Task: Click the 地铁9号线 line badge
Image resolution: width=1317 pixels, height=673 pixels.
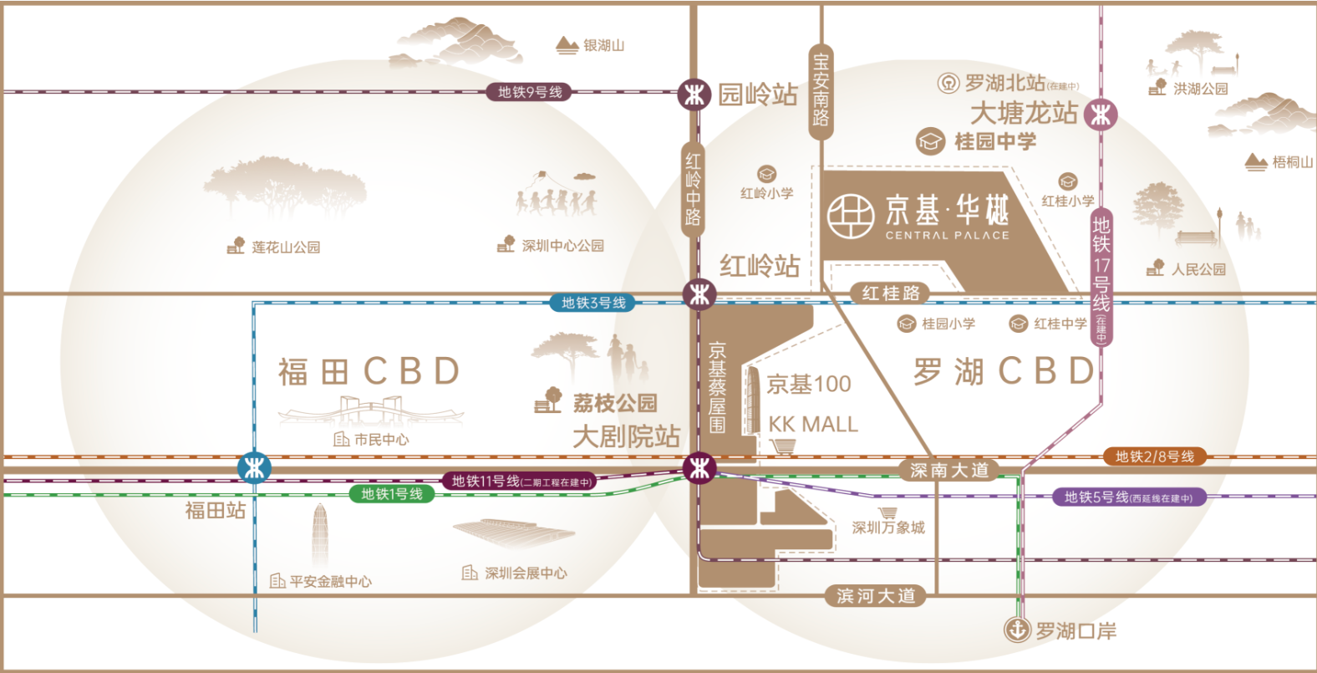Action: point(529,92)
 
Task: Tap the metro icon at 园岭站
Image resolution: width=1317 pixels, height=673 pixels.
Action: point(694,94)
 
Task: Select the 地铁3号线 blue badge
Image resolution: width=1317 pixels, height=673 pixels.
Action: point(593,303)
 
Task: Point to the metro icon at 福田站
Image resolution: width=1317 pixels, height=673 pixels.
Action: point(254,468)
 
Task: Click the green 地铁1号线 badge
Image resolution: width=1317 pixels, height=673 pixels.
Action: point(392,494)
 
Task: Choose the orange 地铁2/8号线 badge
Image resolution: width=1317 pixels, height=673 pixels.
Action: point(1155,456)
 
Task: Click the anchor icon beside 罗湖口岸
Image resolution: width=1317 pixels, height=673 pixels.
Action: point(1017,630)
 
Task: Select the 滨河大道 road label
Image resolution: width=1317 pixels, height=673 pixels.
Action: point(876,596)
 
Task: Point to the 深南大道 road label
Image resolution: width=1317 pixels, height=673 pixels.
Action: point(949,470)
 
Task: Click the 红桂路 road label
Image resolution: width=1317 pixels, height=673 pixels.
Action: point(891,293)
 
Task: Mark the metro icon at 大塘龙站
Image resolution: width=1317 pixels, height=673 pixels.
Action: point(1101,115)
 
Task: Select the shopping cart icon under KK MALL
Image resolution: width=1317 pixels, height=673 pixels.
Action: point(783,446)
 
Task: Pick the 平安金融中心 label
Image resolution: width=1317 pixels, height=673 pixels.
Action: point(330,581)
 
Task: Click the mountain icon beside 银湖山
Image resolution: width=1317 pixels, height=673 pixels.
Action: point(567,45)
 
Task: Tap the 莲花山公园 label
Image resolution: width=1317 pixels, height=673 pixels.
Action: point(285,247)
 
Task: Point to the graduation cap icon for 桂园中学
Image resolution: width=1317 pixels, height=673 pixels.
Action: point(930,141)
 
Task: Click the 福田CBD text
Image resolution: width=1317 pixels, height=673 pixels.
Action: point(369,371)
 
